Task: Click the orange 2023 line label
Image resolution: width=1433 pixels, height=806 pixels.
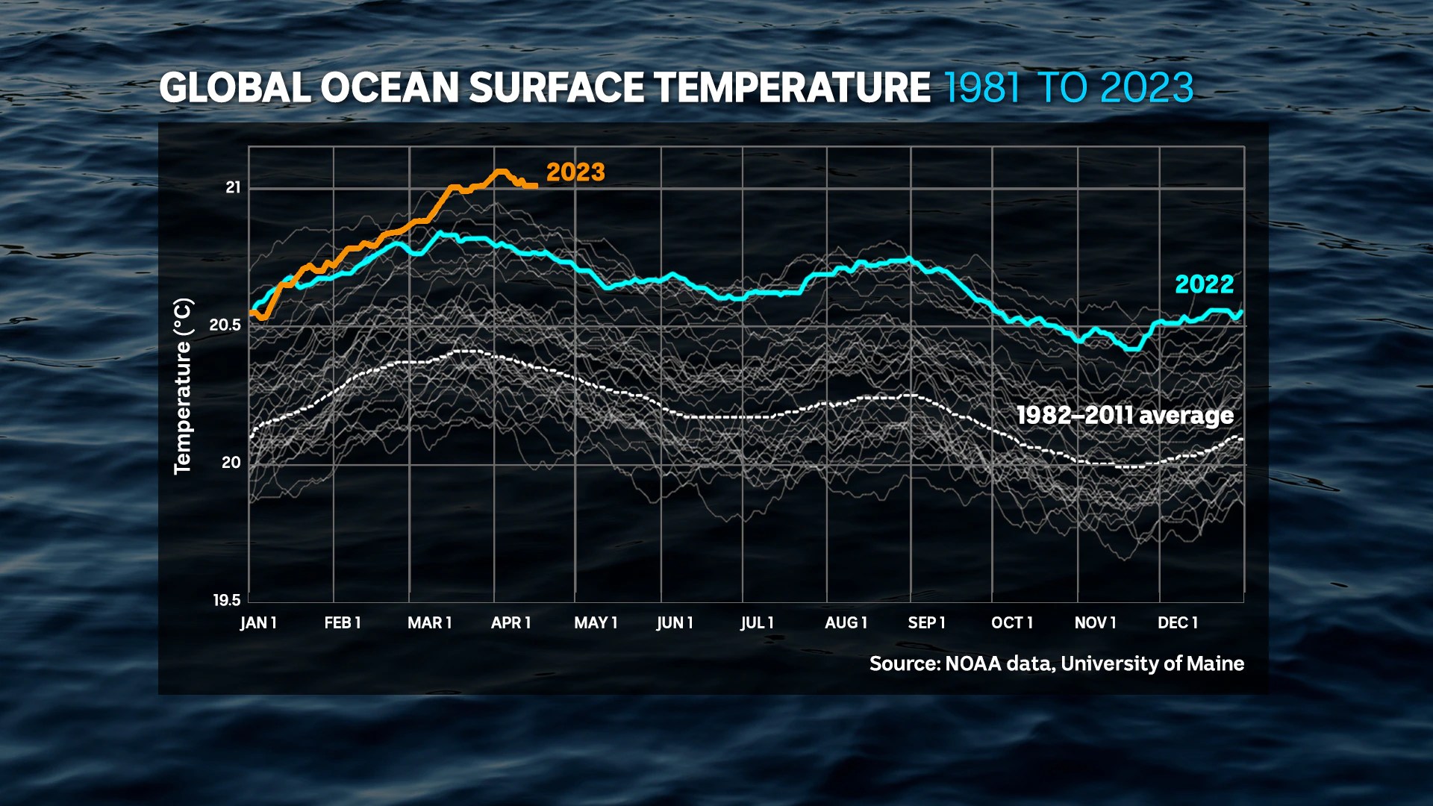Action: [575, 172]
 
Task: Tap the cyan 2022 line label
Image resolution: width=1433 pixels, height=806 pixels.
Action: [1205, 284]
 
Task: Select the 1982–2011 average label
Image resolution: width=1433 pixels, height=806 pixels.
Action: [1125, 415]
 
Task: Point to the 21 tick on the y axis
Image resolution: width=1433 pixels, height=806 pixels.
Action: [233, 187]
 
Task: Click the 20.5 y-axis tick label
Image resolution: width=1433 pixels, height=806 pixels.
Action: [225, 325]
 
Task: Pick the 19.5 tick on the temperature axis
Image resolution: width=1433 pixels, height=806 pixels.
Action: [227, 600]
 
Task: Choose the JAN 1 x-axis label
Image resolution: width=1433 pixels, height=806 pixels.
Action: [258, 622]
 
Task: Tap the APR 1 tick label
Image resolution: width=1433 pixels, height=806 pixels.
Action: [511, 622]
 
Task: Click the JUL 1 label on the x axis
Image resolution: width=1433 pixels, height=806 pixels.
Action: [757, 622]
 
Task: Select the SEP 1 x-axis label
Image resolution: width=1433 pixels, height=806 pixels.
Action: [926, 622]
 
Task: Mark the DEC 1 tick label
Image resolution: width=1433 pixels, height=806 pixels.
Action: [1177, 622]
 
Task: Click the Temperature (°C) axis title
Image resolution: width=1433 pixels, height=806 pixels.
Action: [184, 386]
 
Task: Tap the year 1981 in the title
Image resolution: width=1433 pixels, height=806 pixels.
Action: [982, 87]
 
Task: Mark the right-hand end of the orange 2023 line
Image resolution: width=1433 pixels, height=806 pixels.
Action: [537, 186]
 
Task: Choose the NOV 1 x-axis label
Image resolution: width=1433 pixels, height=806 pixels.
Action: [1095, 622]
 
